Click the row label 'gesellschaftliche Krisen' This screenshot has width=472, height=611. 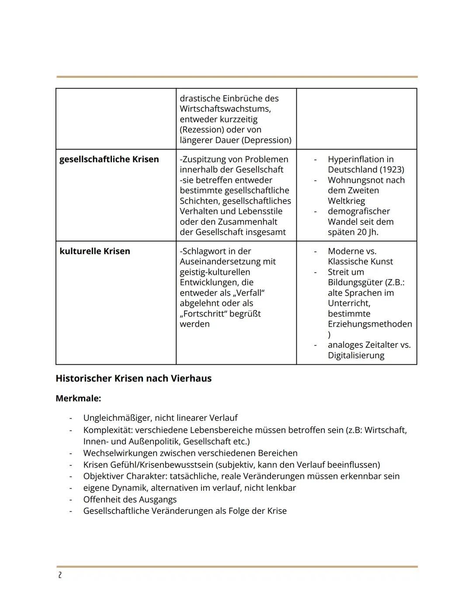coord(109,159)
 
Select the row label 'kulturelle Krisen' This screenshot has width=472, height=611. coord(94,251)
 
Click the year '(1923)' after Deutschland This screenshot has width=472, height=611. coord(391,169)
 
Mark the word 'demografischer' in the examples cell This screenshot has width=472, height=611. coord(358,211)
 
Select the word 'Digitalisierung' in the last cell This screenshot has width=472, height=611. coord(356,355)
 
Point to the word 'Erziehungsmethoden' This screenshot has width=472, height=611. coord(370,324)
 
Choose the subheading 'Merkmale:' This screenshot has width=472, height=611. coord(78,398)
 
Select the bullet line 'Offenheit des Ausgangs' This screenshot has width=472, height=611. coord(130,499)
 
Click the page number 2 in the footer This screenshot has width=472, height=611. coord(60,576)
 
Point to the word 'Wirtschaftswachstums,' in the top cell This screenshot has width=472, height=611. coord(225,108)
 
